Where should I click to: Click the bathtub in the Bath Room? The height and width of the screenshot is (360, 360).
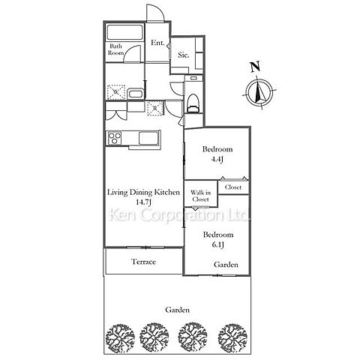click(124, 32)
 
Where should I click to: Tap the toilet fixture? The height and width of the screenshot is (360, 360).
click(193, 103)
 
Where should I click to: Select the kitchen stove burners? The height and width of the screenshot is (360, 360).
click(115, 138)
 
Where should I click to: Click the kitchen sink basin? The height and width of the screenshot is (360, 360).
click(148, 138)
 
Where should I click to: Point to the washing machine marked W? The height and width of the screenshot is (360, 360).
click(116, 92)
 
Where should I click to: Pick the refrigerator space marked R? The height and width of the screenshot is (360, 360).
click(155, 109)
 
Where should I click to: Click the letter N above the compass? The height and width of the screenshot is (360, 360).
click(255, 67)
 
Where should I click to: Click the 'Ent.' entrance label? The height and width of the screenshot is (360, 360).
click(157, 43)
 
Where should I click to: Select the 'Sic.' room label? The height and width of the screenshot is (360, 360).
click(183, 55)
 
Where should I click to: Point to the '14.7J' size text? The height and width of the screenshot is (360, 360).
click(143, 202)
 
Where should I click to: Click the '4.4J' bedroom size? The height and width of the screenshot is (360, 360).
click(217, 159)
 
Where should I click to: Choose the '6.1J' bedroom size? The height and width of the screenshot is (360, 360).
click(217, 244)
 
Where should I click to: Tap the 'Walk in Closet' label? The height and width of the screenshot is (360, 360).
click(200, 196)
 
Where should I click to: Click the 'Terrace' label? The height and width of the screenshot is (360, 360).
click(143, 262)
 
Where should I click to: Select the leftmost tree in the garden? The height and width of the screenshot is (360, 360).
click(120, 339)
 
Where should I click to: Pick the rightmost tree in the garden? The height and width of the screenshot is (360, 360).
click(232, 338)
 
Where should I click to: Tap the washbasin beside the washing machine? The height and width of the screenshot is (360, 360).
click(135, 94)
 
